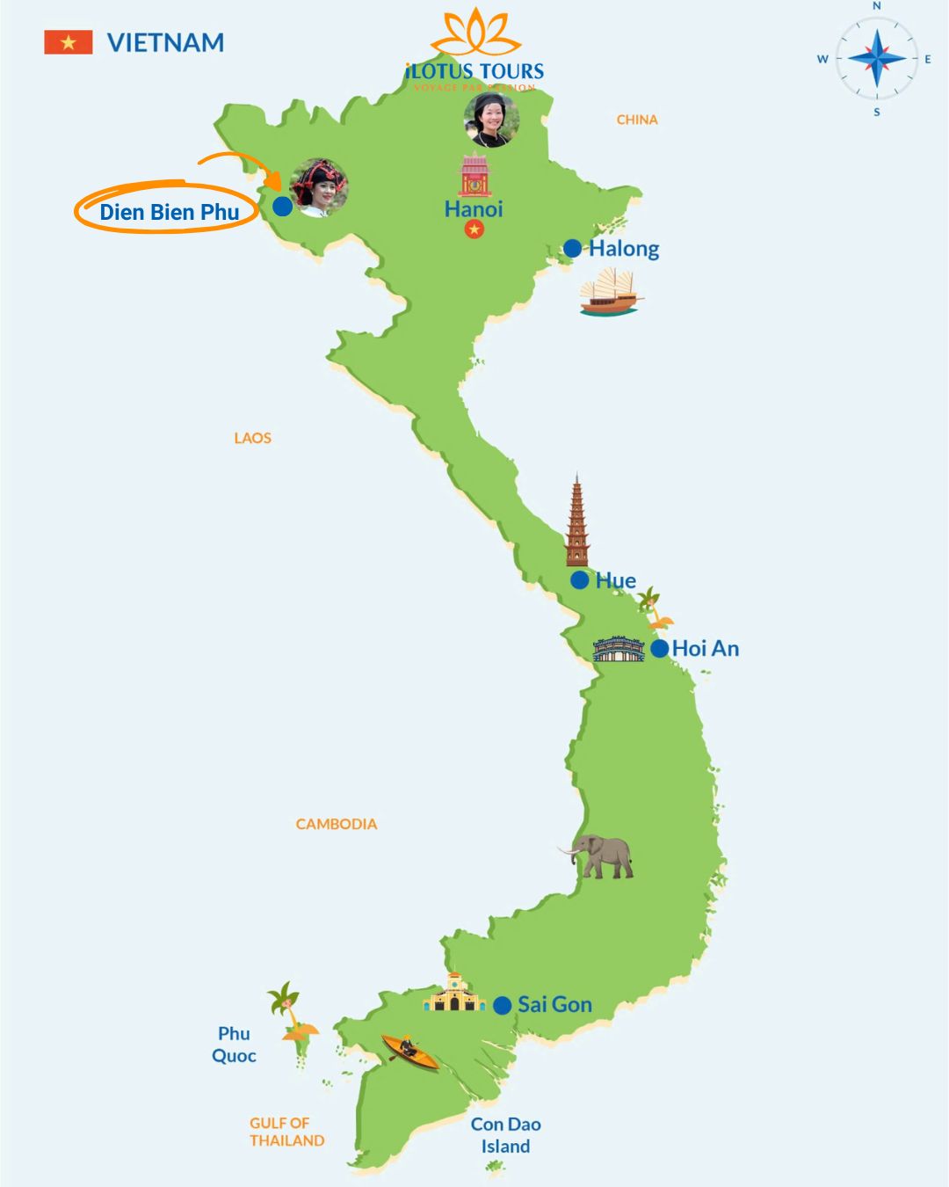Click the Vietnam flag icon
click(x=69, y=42)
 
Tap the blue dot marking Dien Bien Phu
click(x=282, y=206)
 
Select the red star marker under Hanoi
click(x=474, y=229)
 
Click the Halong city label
click(x=624, y=249)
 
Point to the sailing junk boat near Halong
click(x=611, y=293)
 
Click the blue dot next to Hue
click(x=579, y=580)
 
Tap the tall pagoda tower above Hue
click(x=576, y=523)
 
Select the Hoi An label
click(x=706, y=649)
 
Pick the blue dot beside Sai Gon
click(x=503, y=1005)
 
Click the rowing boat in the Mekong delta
click(x=409, y=1051)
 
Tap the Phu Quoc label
click(x=234, y=1045)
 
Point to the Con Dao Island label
click(x=505, y=1135)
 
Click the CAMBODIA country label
click(x=337, y=824)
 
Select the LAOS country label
click(x=253, y=438)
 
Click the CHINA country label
click(x=637, y=120)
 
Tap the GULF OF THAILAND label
click(x=286, y=1132)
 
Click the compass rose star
click(x=877, y=59)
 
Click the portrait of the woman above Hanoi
click(x=491, y=119)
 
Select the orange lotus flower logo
click(x=475, y=33)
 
